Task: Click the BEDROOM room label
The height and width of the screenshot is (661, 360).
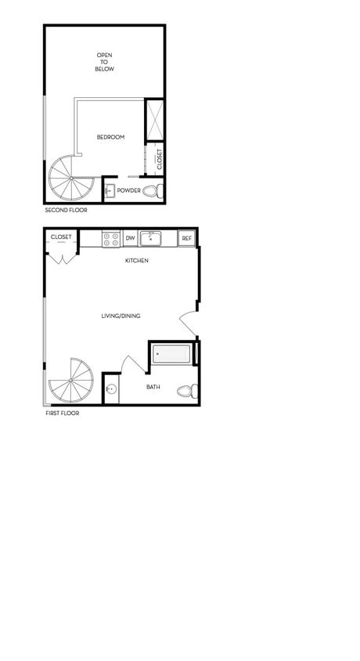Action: [110, 138]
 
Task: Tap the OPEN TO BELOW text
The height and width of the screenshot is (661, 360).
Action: [105, 62]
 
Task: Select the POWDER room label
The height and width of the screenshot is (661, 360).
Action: [129, 190]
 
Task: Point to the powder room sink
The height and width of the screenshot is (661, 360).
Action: [110, 190]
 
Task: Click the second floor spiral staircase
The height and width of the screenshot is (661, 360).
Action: [70, 178]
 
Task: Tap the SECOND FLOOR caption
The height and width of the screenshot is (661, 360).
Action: [66, 211]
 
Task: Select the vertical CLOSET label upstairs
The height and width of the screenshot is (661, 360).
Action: [160, 159]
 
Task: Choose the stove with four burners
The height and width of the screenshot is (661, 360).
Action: [110, 238]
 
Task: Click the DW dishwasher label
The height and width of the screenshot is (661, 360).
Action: [130, 238]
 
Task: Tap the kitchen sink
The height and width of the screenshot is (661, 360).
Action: [150, 238]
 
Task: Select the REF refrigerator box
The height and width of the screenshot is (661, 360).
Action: [186, 238]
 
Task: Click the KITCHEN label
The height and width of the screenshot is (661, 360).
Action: [137, 261]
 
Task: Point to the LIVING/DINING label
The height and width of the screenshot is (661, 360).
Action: [121, 316]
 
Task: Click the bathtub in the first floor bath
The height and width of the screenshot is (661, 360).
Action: [171, 354]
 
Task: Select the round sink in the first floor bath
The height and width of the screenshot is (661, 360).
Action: [111, 389]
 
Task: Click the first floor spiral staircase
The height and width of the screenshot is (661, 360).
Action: [70, 381]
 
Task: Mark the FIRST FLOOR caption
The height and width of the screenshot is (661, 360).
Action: [62, 414]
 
